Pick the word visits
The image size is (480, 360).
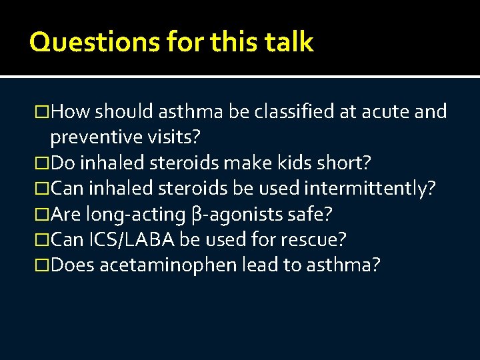click(x=178, y=137)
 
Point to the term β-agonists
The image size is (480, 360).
click(x=235, y=214)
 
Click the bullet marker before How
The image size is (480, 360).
click(x=43, y=112)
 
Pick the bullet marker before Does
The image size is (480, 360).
click(x=43, y=265)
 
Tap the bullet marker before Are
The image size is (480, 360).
click(x=43, y=214)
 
